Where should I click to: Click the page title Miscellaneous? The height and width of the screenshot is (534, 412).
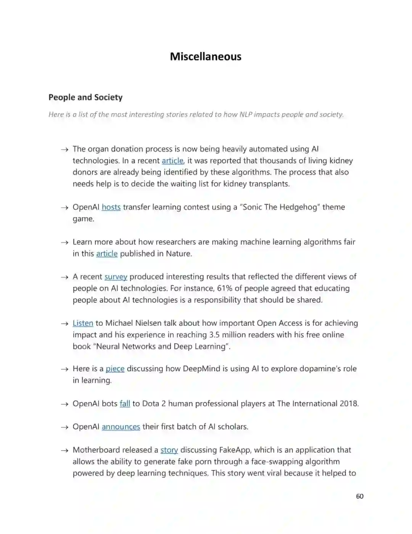pyautogui.click(x=206, y=57)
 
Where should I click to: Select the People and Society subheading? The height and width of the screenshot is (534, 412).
pyautogui.click(x=85, y=97)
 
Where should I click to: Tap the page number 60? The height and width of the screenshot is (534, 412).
pyautogui.click(x=359, y=496)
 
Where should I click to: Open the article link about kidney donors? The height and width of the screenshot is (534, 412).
pyautogui.click(x=172, y=161)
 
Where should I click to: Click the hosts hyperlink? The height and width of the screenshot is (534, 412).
pyautogui.click(x=111, y=207)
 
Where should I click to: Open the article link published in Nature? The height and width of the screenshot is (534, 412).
pyautogui.click(x=107, y=254)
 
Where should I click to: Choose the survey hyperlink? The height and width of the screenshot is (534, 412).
pyautogui.click(x=116, y=277)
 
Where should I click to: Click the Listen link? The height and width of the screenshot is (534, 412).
pyautogui.click(x=83, y=323)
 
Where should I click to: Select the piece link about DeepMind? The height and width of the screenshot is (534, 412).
pyautogui.click(x=115, y=369)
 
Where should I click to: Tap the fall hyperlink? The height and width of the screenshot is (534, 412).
pyautogui.click(x=125, y=404)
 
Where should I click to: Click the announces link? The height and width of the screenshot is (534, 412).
pyautogui.click(x=121, y=427)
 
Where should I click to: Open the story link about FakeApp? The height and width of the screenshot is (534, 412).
pyautogui.click(x=169, y=450)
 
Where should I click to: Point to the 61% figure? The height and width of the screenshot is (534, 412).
pyautogui.click(x=225, y=288)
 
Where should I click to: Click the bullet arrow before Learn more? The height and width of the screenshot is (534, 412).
pyautogui.click(x=64, y=242)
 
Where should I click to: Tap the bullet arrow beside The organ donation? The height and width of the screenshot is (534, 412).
pyautogui.click(x=64, y=149)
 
